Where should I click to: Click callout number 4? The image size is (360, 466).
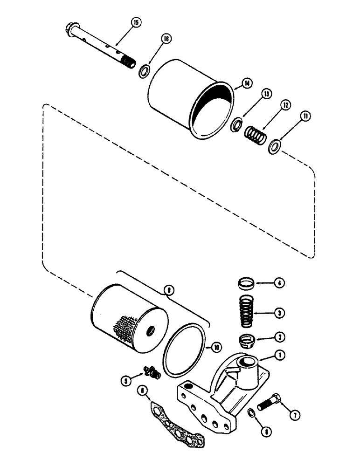280,283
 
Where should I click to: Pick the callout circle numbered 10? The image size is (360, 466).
216,347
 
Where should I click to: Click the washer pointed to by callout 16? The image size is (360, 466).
144,71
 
